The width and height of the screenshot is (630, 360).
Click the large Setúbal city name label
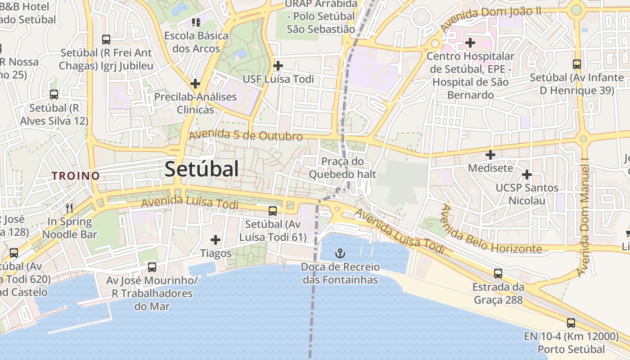[202, 170]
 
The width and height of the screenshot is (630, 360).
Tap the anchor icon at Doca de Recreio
[340, 253]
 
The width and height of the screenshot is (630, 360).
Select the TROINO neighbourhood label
[76, 176]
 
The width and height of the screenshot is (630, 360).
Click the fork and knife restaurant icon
[69, 208]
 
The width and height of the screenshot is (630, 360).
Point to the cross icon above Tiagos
[216, 240]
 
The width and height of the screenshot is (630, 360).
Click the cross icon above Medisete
[490, 155]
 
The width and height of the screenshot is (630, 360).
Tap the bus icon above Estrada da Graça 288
[498, 273]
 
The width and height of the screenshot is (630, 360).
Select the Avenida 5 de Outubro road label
[246, 135]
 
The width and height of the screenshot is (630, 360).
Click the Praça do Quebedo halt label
[342, 168]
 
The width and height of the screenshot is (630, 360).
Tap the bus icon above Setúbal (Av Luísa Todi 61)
[273, 211]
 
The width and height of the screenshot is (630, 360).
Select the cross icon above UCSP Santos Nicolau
[527, 174]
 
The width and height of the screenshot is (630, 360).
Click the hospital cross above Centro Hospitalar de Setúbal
[470, 43]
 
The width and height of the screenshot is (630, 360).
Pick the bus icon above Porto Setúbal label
[571, 323]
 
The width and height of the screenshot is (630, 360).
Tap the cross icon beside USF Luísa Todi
[278, 66]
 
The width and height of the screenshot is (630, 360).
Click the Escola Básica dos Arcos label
[196, 42]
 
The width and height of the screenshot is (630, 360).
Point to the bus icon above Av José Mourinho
[152, 267]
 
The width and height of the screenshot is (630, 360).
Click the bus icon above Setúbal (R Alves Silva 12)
[54, 94]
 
